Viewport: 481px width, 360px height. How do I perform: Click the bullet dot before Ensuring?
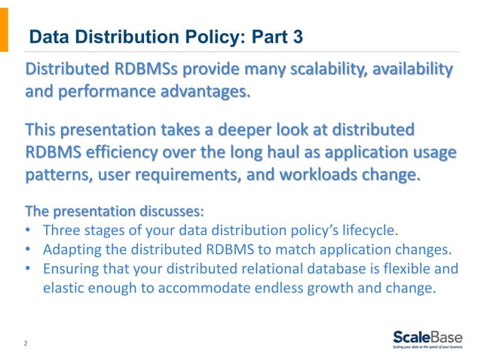pyautogui.click(x=29, y=268)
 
